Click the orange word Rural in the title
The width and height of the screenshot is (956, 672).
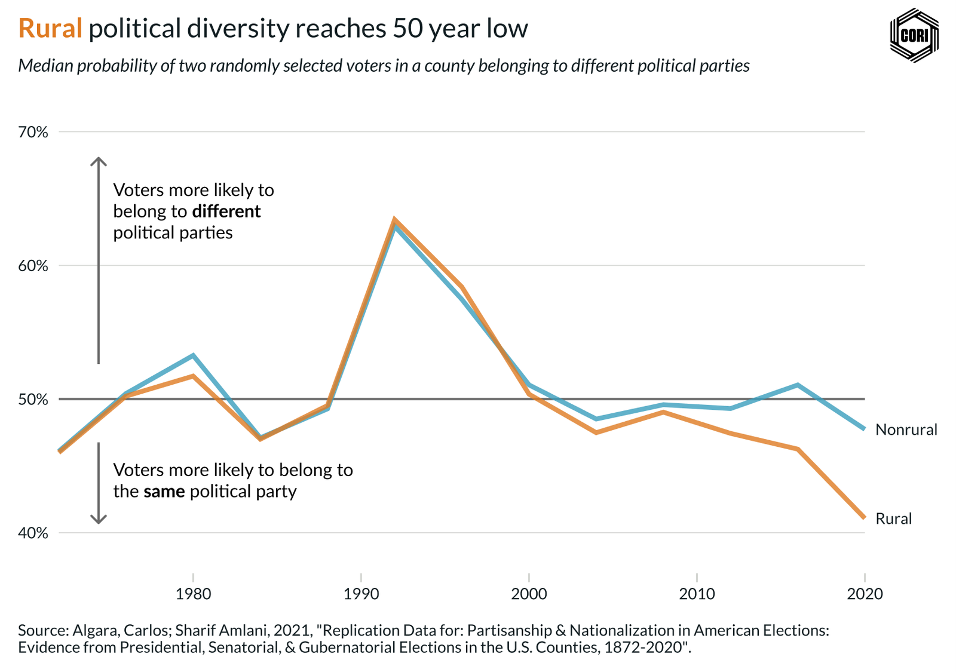tap(50, 29)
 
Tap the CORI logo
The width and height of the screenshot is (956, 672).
tap(914, 35)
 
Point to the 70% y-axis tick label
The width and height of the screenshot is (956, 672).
tap(33, 132)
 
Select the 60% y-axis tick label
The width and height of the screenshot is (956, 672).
tap(33, 266)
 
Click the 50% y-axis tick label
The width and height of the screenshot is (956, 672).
tap(33, 399)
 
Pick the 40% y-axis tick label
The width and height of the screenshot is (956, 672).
tap(33, 533)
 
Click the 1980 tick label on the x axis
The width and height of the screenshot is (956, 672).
tap(193, 594)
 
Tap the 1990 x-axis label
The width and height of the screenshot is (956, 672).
tap(361, 594)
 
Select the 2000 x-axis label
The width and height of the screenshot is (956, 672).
tap(529, 594)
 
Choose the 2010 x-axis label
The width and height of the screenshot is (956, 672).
tap(697, 594)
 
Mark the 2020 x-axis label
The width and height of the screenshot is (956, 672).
tap(865, 594)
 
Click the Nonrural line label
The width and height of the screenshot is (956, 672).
tap(906, 429)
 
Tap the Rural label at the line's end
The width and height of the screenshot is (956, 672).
tap(893, 518)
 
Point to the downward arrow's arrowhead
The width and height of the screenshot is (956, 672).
tap(99, 521)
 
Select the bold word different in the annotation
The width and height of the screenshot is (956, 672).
tap(226, 211)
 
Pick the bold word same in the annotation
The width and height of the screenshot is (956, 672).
tap(164, 492)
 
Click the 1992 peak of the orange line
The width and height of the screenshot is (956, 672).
tap(394, 220)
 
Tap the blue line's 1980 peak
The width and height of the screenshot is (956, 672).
tap(193, 355)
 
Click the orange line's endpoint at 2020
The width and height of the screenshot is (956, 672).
tap(864, 517)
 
